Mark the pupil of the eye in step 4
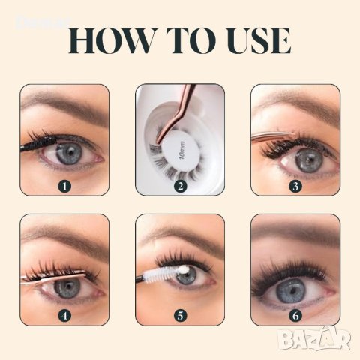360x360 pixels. click(66, 289)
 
